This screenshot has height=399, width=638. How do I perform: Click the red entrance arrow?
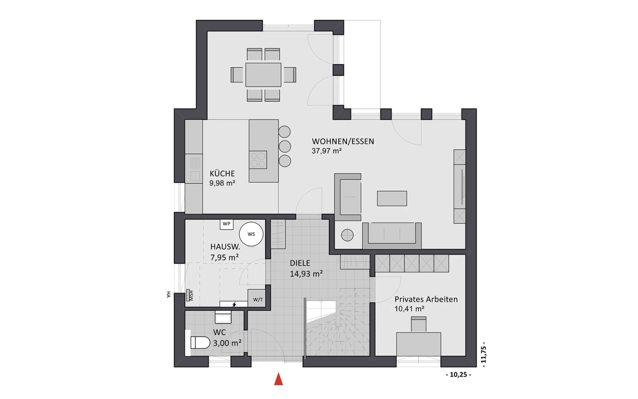click(278, 379)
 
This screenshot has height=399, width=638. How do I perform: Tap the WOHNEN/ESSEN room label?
click(343, 141)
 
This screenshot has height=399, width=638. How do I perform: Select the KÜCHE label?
click(222, 174)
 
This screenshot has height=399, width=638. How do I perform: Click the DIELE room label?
click(300, 263)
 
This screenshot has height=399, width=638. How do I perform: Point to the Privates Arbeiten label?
click(426, 299)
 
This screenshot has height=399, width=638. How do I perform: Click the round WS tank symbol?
click(251, 234)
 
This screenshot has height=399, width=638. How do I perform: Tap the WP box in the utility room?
click(226, 224)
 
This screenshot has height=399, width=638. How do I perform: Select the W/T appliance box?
click(257, 298)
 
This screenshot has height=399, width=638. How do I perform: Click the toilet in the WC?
click(200, 342)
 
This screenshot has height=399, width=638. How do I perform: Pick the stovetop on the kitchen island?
click(258, 160)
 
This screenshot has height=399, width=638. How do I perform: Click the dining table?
click(263, 75)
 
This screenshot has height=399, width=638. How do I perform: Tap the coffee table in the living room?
click(392, 198)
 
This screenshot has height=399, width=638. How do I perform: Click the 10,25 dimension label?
click(458, 375)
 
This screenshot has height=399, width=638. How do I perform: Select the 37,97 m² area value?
click(327, 151)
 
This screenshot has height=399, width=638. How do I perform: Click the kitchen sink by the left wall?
click(195, 169)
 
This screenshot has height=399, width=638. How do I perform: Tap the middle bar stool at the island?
click(285, 146)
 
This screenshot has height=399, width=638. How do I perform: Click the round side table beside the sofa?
click(347, 235)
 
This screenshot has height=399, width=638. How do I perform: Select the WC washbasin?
click(223, 317)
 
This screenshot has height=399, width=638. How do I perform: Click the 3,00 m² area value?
click(227, 343)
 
